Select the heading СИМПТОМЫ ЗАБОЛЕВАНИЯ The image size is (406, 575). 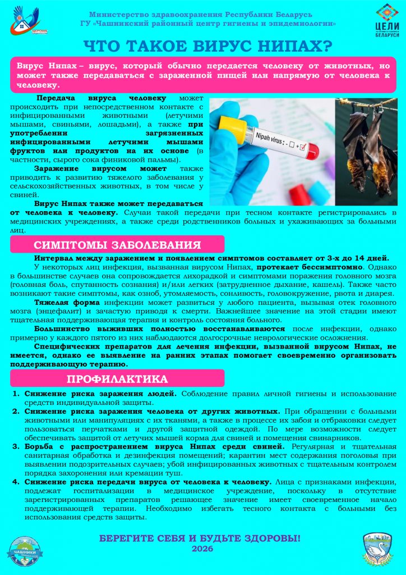pos(117,245)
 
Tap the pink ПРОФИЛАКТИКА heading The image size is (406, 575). pos(117,378)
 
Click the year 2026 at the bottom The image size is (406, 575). pos(202,549)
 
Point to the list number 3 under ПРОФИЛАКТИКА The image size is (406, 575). pos(17,446)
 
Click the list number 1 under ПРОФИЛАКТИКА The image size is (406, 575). pos(17,394)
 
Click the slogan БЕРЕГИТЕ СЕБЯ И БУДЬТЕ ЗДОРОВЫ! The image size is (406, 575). pos(200,538)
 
